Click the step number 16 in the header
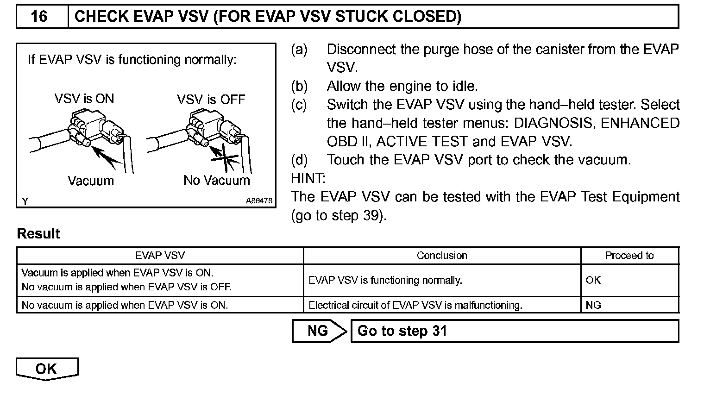(x=39, y=17)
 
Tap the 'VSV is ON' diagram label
(x=84, y=99)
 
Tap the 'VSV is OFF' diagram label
(x=211, y=100)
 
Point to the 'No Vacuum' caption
(x=216, y=180)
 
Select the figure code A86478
(x=259, y=201)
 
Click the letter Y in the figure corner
(x=25, y=201)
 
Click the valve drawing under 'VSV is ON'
(x=88, y=127)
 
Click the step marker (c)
(x=299, y=105)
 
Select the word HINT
(x=308, y=178)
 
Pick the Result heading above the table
(x=38, y=233)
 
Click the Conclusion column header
(x=442, y=256)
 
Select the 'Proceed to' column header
(x=629, y=256)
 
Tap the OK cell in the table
(x=593, y=280)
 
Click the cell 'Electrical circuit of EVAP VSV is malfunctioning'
(x=415, y=305)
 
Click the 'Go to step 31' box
(x=514, y=331)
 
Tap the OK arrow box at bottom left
(x=47, y=369)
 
